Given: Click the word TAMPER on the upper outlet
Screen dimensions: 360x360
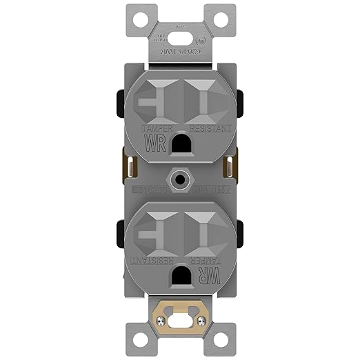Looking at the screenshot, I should click(x=154, y=129).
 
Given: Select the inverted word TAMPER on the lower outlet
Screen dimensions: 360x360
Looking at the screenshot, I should click(x=206, y=259).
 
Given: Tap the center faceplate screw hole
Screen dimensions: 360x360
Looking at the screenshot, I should click(x=180, y=176).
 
